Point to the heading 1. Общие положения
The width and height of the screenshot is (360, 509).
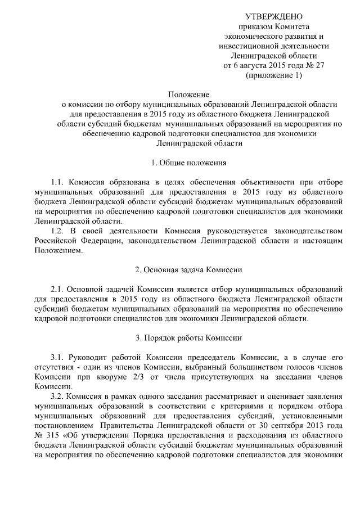(189, 163)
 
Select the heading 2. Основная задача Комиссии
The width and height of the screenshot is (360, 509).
(189, 269)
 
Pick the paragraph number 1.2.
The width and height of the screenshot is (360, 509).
(58, 231)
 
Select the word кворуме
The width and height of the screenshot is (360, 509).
(120, 377)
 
